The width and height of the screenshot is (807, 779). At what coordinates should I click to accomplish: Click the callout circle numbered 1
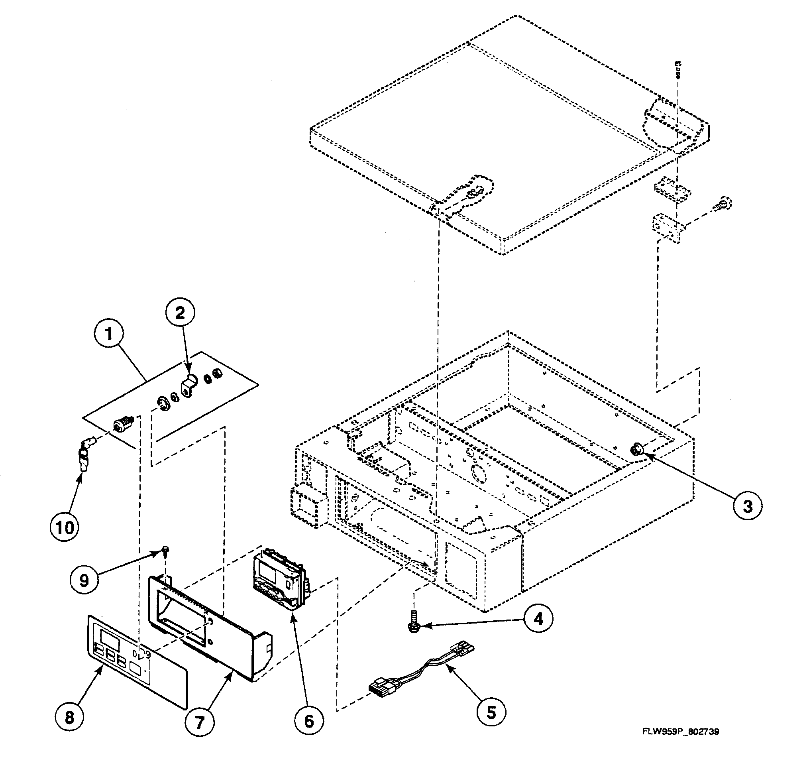pyautogui.click(x=109, y=334)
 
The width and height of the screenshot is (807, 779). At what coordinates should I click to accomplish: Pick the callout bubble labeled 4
pyautogui.click(x=538, y=619)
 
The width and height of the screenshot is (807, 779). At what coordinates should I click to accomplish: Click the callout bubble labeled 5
pyautogui.click(x=492, y=712)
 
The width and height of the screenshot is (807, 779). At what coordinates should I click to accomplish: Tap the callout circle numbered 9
pyautogui.click(x=84, y=581)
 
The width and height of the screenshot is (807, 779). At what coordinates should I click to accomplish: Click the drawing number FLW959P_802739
pyautogui.click(x=681, y=732)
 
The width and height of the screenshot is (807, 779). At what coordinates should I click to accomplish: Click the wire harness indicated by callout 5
pyautogui.click(x=420, y=678)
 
